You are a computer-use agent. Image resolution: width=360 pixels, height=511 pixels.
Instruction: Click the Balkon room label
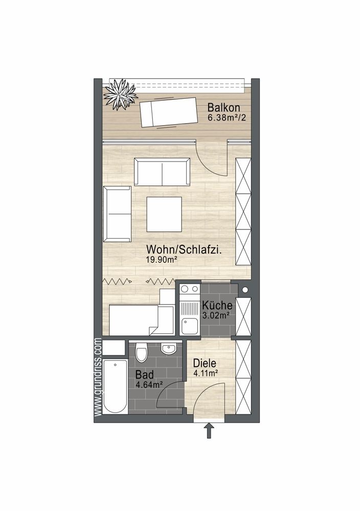click(x=223, y=107)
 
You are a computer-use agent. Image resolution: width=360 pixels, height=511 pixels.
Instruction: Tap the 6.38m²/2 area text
click(x=227, y=118)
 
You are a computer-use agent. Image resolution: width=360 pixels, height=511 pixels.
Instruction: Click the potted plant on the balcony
click(x=120, y=94)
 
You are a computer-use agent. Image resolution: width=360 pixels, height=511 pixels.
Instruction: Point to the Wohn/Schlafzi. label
click(x=184, y=250)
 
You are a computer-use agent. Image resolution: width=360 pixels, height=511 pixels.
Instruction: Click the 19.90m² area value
click(x=162, y=260)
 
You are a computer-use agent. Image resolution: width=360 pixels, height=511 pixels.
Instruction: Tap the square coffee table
click(x=164, y=214)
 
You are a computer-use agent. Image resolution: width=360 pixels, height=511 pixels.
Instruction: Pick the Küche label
click(x=217, y=306)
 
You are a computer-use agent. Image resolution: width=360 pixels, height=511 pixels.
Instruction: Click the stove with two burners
click(x=189, y=289)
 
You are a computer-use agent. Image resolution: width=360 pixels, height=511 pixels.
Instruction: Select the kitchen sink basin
click(x=189, y=326)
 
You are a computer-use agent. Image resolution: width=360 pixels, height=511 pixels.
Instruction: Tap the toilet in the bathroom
click(x=142, y=352)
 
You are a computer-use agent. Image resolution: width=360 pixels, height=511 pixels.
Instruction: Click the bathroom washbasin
click(x=169, y=349)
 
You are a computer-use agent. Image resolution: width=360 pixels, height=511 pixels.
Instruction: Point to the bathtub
click(x=115, y=386)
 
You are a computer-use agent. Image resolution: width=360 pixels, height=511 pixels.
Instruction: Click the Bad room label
click(x=144, y=375)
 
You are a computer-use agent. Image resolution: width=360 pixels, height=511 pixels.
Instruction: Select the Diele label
click(x=205, y=363)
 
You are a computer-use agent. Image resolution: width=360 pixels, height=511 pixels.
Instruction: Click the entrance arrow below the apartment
click(x=209, y=431)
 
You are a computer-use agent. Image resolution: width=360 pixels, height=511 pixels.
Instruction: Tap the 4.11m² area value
click(x=206, y=374)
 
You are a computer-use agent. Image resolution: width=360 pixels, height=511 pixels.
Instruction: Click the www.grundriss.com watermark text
click(x=98, y=377)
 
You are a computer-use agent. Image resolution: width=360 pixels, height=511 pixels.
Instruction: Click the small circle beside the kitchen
click(x=245, y=289)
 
